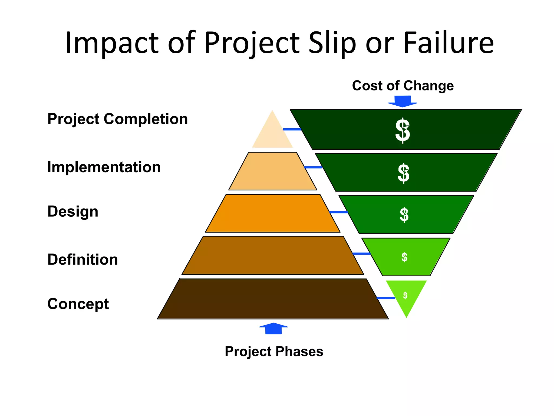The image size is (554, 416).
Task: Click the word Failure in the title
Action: [x=448, y=43]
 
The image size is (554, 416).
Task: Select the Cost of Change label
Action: [x=403, y=86]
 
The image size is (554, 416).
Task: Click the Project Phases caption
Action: [x=274, y=352]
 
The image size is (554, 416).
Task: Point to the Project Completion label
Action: [x=117, y=119]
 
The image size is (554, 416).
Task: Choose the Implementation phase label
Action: [x=104, y=167]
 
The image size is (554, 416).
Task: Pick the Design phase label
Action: [x=73, y=212]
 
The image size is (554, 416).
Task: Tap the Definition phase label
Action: [x=83, y=259]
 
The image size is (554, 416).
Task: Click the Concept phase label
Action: [x=78, y=304]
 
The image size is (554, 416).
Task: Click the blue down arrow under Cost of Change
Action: [x=403, y=101]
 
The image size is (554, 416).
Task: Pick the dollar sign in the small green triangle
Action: [x=405, y=295]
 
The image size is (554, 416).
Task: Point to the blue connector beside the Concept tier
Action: [x=386, y=298]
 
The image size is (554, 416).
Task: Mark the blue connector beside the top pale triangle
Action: [x=292, y=129]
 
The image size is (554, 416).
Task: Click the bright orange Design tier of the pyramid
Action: [x=272, y=213]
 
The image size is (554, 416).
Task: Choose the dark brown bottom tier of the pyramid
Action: [x=273, y=299]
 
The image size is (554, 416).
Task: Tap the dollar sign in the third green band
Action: [x=404, y=215]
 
